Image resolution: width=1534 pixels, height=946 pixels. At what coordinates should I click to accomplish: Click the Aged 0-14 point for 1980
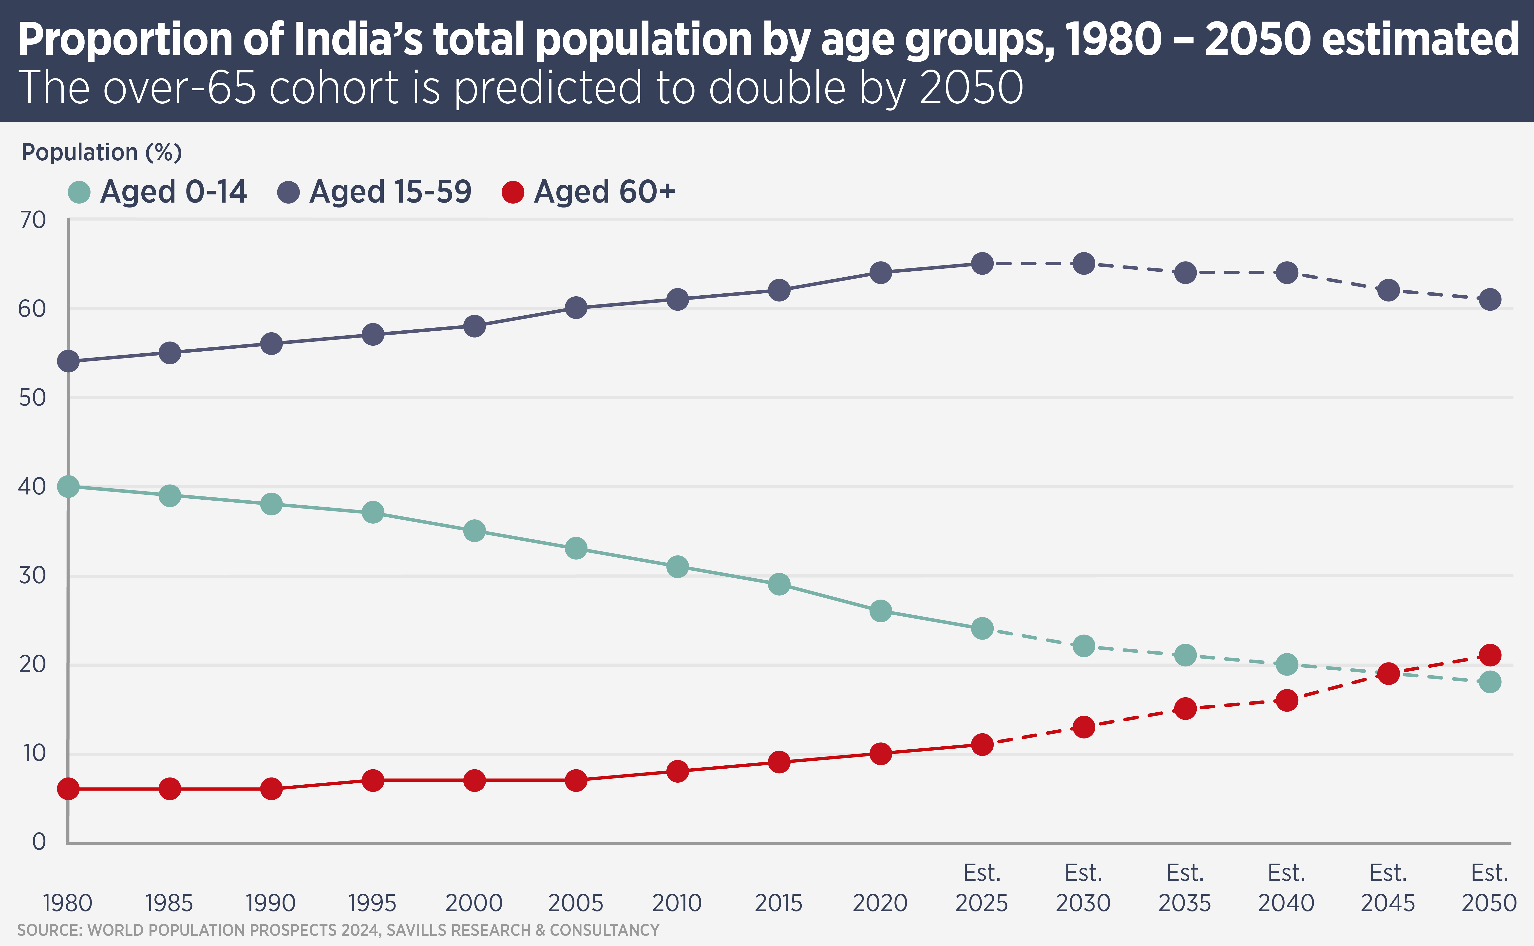click(x=68, y=486)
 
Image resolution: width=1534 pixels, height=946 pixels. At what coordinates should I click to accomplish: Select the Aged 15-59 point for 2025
click(x=982, y=264)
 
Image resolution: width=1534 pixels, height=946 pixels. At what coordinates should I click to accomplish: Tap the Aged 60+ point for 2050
click(x=1490, y=655)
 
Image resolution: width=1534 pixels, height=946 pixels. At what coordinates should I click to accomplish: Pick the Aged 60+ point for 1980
click(x=68, y=789)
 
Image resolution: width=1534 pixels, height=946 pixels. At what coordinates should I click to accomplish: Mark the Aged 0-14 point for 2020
click(x=880, y=611)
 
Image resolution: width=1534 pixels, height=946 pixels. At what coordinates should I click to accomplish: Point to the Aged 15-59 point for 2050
click(x=1490, y=299)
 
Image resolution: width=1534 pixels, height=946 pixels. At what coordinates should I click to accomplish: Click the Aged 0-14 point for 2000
click(x=474, y=530)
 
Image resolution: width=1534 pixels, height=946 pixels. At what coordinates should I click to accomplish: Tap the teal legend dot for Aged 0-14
click(x=79, y=192)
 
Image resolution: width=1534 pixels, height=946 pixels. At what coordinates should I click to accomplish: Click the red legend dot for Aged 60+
click(x=513, y=192)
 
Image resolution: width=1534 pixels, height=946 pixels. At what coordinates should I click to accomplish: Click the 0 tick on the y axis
click(x=39, y=842)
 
